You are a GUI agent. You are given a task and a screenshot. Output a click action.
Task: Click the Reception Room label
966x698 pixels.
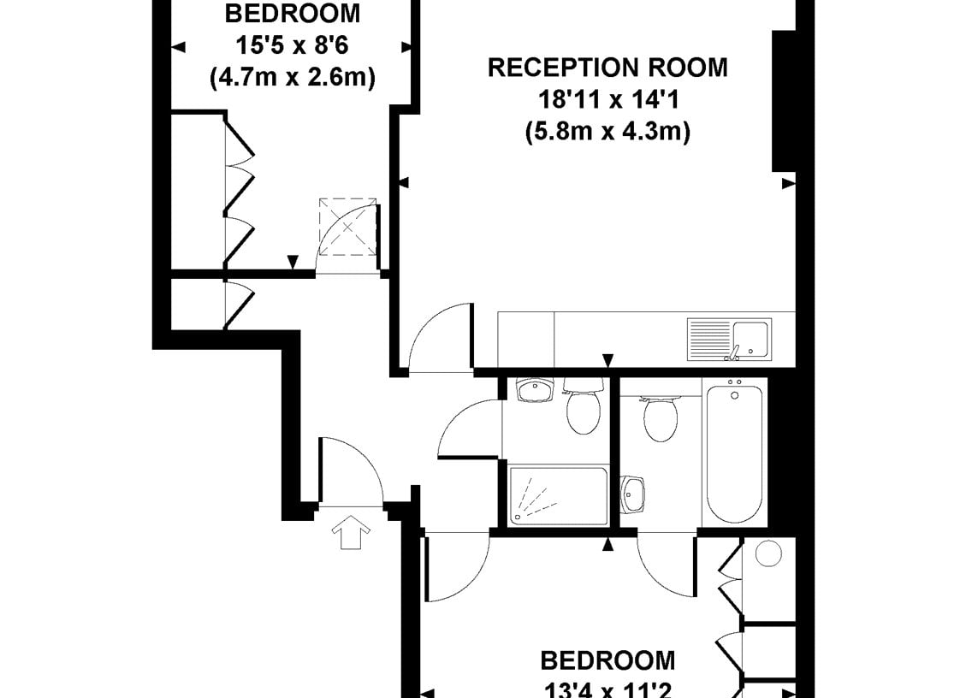(607, 68)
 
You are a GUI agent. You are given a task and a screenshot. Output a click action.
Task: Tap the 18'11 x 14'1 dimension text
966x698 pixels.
(608, 99)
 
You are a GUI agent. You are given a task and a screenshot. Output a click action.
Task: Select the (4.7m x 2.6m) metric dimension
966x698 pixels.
(293, 78)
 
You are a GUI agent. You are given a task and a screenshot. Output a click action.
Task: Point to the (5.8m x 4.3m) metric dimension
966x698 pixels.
(608, 131)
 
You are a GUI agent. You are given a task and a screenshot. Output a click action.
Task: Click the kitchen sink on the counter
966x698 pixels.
(729, 339)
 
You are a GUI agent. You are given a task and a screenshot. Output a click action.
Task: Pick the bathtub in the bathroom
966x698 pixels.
(734, 454)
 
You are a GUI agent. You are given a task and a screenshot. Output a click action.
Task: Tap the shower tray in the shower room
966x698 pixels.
(558, 496)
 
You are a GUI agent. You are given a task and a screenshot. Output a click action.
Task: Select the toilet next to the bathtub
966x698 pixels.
(660, 417)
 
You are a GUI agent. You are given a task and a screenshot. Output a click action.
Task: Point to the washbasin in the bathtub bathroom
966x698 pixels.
(632, 494)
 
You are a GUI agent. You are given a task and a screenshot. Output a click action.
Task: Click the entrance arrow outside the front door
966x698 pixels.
(351, 532)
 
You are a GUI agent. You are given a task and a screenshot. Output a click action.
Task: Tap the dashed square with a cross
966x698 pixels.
(347, 227)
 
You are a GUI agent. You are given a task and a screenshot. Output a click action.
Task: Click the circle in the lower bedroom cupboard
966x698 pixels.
(768, 553)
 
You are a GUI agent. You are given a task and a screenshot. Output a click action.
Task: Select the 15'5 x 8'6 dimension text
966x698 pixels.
(293, 45)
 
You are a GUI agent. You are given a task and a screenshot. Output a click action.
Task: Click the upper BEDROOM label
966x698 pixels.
(293, 14)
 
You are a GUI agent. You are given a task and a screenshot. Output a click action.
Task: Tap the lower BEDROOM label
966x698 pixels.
(608, 660)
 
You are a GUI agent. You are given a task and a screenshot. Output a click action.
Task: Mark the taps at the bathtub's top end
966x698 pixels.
(735, 387)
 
